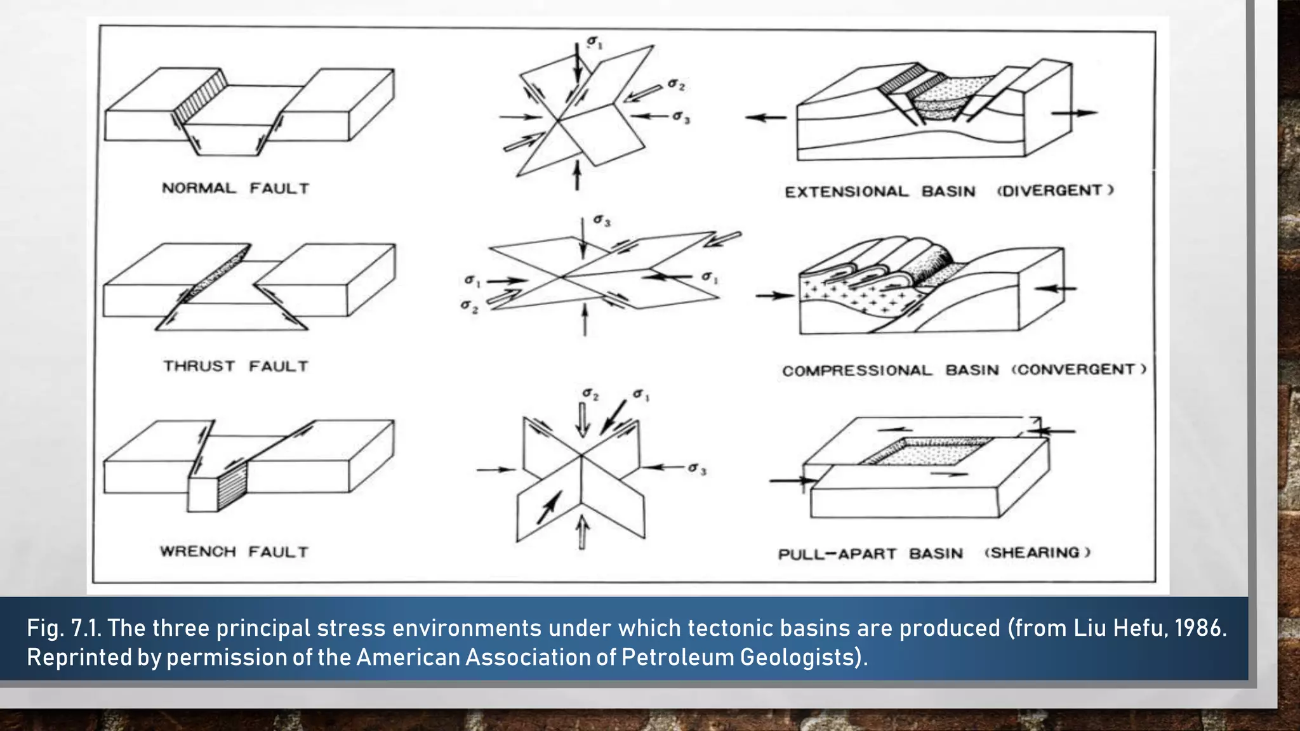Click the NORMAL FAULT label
235,188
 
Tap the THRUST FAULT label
235,366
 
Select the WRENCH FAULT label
234,551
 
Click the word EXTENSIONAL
846,192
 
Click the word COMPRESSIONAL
857,370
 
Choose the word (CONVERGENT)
1078,369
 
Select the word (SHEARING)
1037,553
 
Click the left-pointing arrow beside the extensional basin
765,117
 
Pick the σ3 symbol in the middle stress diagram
602,221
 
